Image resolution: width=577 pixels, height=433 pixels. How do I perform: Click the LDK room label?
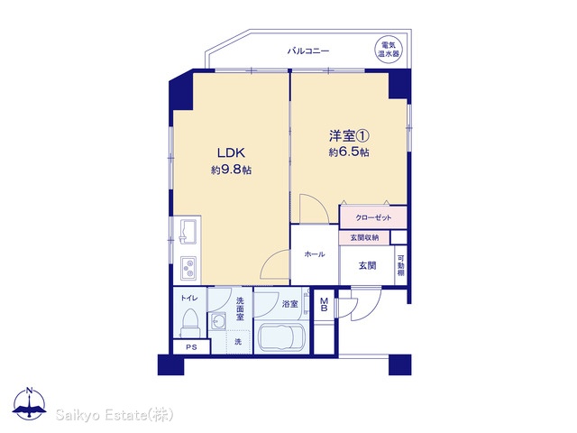(x=231, y=152)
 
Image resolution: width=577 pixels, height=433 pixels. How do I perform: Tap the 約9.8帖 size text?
(x=231, y=170)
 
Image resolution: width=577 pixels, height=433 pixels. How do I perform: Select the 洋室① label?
(x=349, y=136)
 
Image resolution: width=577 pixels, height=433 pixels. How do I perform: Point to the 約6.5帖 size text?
(x=349, y=152)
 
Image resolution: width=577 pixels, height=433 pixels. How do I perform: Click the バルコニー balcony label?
(x=308, y=51)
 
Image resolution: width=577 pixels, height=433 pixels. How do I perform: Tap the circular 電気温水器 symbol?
(x=389, y=50)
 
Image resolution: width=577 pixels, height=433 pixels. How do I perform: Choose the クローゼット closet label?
(x=373, y=217)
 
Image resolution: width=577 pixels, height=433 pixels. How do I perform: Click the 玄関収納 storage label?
(x=364, y=237)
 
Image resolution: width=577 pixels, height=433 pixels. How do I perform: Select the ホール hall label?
(x=315, y=254)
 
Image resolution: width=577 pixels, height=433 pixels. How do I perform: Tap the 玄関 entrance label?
(x=367, y=265)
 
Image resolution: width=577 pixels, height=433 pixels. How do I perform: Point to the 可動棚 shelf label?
(x=400, y=265)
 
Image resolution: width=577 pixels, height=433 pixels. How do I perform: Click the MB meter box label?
(x=325, y=305)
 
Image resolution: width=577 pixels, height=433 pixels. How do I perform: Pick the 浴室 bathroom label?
(x=290, y=304)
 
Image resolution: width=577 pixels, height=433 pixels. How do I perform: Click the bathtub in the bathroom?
(x=281, y=337)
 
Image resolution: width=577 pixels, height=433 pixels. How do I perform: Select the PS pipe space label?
(x=191, y=346)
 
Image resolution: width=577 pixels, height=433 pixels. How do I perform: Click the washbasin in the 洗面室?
(x=218, y=322)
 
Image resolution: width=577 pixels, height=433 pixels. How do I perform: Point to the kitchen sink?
(x=188, y=232)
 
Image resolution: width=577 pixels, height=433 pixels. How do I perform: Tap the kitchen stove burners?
(x=188, y=268)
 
